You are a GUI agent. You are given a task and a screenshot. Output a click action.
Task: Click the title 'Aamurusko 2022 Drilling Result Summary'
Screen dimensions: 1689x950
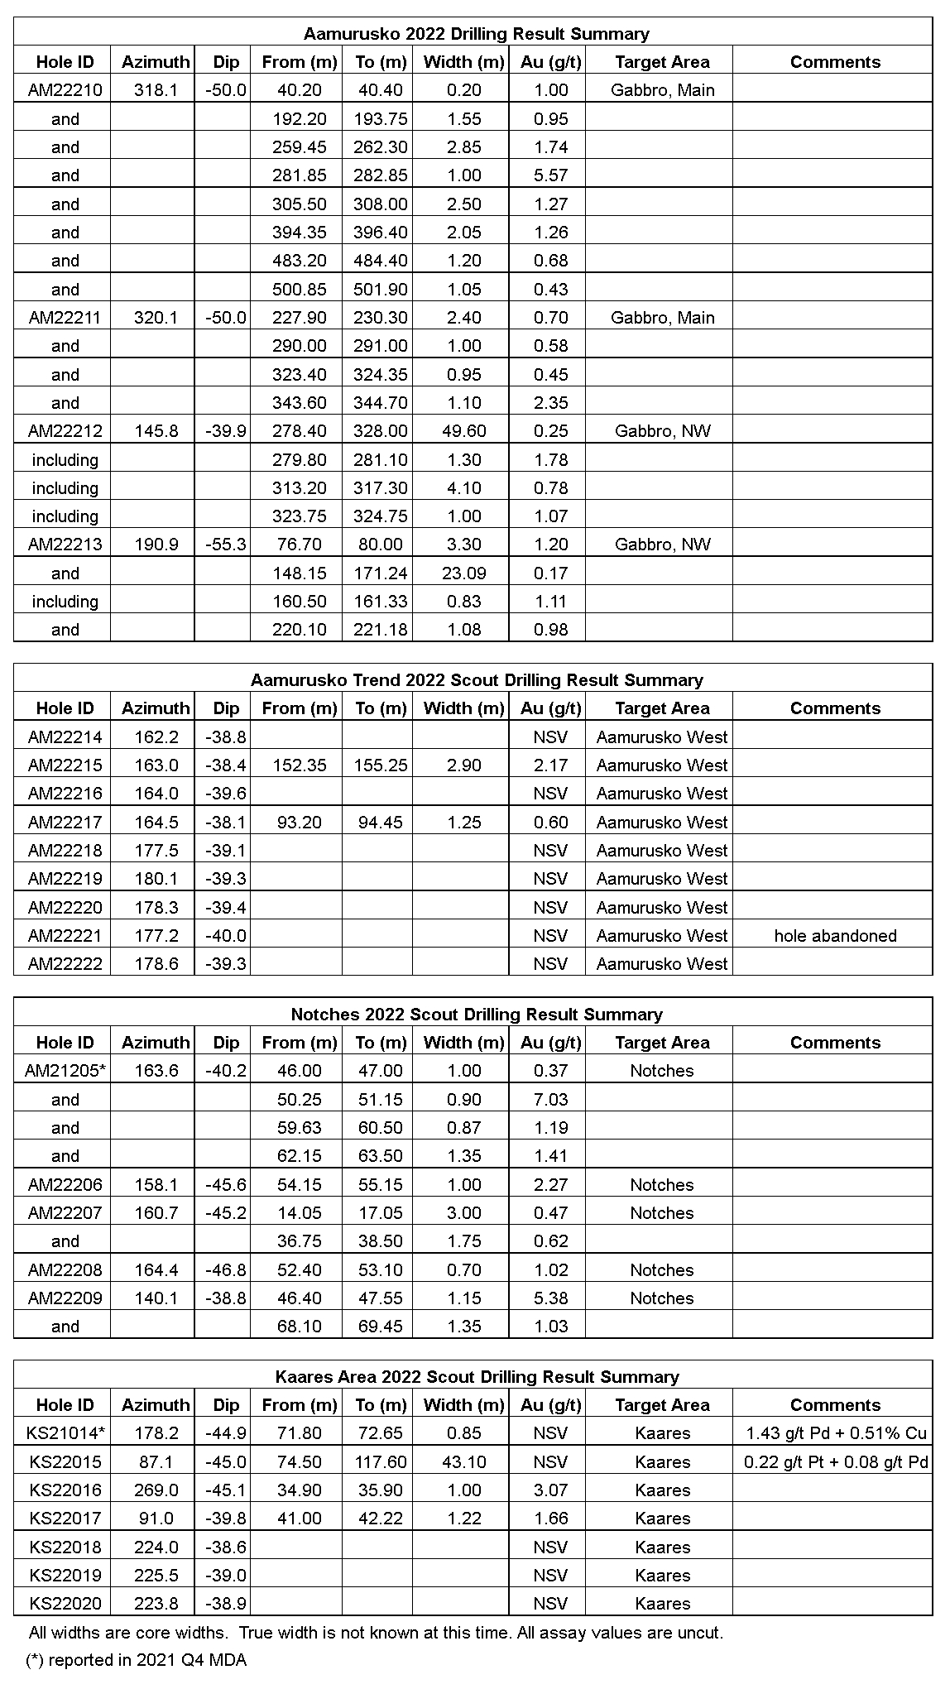(x=476, y=34)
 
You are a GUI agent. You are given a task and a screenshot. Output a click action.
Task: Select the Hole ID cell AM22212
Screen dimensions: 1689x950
(x=65, y=431)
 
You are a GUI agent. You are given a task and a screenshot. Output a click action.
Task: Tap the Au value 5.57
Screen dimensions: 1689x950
(x=550, y=175)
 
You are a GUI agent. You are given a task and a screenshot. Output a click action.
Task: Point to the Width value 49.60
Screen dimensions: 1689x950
(x=463, y=431)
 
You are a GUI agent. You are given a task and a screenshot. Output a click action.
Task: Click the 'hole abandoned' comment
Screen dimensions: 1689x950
(x=835, y=936)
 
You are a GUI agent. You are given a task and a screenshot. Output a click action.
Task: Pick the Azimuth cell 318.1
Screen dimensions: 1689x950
(x=156, y=90)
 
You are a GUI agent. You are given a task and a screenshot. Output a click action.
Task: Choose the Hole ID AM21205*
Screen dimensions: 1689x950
(x=65, y=1071)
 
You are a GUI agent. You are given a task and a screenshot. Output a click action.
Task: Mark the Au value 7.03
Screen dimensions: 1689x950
(x=550, y=1100)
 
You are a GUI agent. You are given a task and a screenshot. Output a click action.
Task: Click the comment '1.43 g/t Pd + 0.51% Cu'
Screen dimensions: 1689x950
(x=835, y=1433)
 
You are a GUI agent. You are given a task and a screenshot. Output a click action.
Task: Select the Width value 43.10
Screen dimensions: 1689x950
(x=463, y=1462)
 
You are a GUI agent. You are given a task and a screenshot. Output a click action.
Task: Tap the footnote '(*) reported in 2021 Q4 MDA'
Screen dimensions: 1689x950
(x=137, y=1660)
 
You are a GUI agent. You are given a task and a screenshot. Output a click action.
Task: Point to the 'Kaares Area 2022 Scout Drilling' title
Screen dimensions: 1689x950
(x=477, y=1377)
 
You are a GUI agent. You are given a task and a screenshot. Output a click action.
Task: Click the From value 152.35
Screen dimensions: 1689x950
(x=299, y=765)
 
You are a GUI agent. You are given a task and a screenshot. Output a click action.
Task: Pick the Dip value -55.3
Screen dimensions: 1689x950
(x=225, y=545)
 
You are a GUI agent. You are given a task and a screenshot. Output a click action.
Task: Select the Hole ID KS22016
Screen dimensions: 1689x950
(x=65, y=1490)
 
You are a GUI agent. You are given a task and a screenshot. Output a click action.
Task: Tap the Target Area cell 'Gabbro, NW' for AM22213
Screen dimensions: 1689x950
(x=662, y=545)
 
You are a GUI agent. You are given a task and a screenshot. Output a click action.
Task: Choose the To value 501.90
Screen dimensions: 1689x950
(x=380, y=290)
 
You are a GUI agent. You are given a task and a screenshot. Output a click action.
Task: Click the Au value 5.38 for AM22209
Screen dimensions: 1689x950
(x=550, y=1298)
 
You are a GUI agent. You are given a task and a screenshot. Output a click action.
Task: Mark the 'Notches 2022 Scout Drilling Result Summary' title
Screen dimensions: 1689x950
(x=477, y=1015)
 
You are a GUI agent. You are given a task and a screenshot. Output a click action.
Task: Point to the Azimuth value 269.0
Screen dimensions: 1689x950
(x=156, y=1490)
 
